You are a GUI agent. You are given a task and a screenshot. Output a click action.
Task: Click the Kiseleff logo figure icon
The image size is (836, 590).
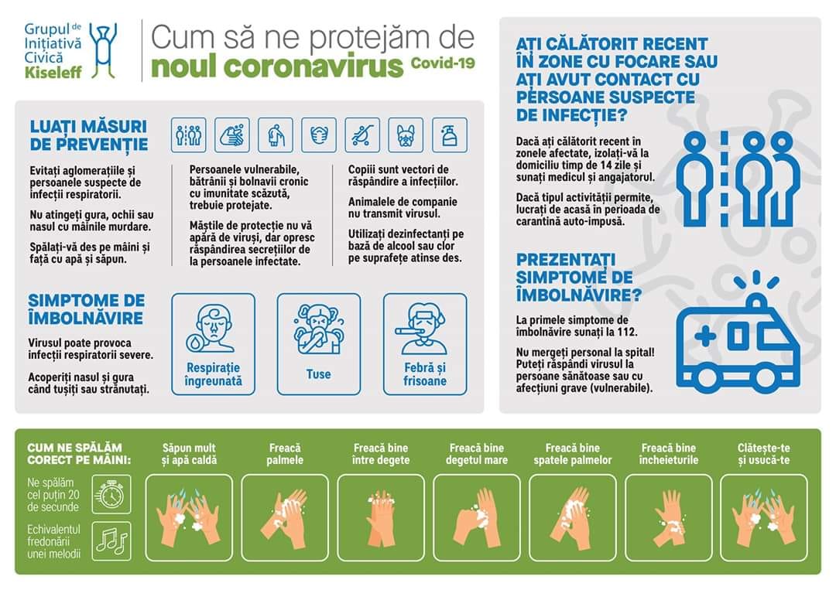(x=103, y=50)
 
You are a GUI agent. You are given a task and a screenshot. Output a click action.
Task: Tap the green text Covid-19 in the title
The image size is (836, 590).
(x=443, y=63)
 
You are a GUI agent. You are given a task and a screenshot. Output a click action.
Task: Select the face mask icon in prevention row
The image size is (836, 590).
(x=319, y=135)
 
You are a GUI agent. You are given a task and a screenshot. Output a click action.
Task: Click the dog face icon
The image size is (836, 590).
(x=406, y=135)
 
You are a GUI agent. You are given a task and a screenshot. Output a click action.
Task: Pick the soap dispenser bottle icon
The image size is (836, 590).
(x=450, y=135)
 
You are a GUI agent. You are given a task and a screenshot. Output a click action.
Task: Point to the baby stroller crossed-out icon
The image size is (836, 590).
(x=362, y=135)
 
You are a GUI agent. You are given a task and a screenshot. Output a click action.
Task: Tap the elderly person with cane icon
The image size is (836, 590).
(x=276, y=135)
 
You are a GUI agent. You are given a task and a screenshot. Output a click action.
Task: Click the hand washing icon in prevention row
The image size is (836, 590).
(x=232, y=135)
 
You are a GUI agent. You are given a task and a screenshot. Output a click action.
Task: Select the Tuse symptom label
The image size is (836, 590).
(x=318, y=374)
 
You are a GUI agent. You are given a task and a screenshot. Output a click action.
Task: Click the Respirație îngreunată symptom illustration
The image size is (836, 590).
(x=213, y=328)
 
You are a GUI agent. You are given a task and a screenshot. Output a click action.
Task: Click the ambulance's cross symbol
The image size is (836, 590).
(x=705, y=336)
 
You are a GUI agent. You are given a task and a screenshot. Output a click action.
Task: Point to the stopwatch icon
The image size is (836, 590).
(x=111, y=494)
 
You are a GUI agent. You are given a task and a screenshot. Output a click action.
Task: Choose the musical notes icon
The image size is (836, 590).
(x=111, y=541)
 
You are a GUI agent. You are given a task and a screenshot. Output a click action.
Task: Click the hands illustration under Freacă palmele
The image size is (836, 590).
(x=285, y=519)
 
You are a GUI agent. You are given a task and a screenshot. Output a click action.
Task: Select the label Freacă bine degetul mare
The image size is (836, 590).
(x=477, y=454)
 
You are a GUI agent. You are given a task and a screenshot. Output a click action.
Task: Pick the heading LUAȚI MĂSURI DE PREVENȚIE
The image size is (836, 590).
(x=89, y=135)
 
